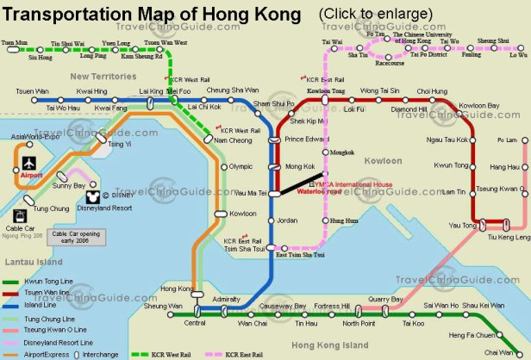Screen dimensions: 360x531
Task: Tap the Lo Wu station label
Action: click(518, 55)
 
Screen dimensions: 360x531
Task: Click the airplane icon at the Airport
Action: click(28, 163)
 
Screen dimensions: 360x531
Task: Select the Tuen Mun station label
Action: click(14, 41)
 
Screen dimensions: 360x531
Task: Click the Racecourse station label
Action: click(390, 63)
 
